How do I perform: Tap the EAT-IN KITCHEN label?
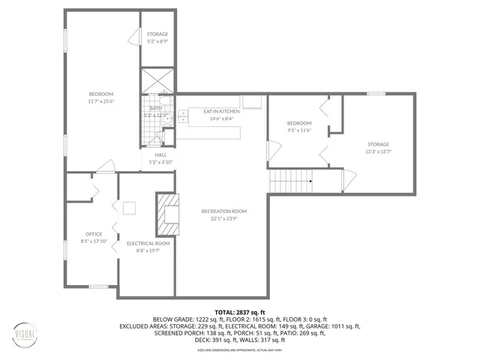(223, 111)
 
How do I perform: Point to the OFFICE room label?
(94, 233)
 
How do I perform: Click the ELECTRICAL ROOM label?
(148, 243)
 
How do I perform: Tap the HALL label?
(160, 154)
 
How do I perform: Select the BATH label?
(156, 108)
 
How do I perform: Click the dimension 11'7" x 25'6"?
(101, 100)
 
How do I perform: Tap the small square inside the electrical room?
(130, 208)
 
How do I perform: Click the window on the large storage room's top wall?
(376, 94)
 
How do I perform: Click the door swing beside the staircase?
(348, 179)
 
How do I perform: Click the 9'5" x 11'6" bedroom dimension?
(298, 130)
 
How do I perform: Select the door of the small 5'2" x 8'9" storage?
(135, 36)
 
